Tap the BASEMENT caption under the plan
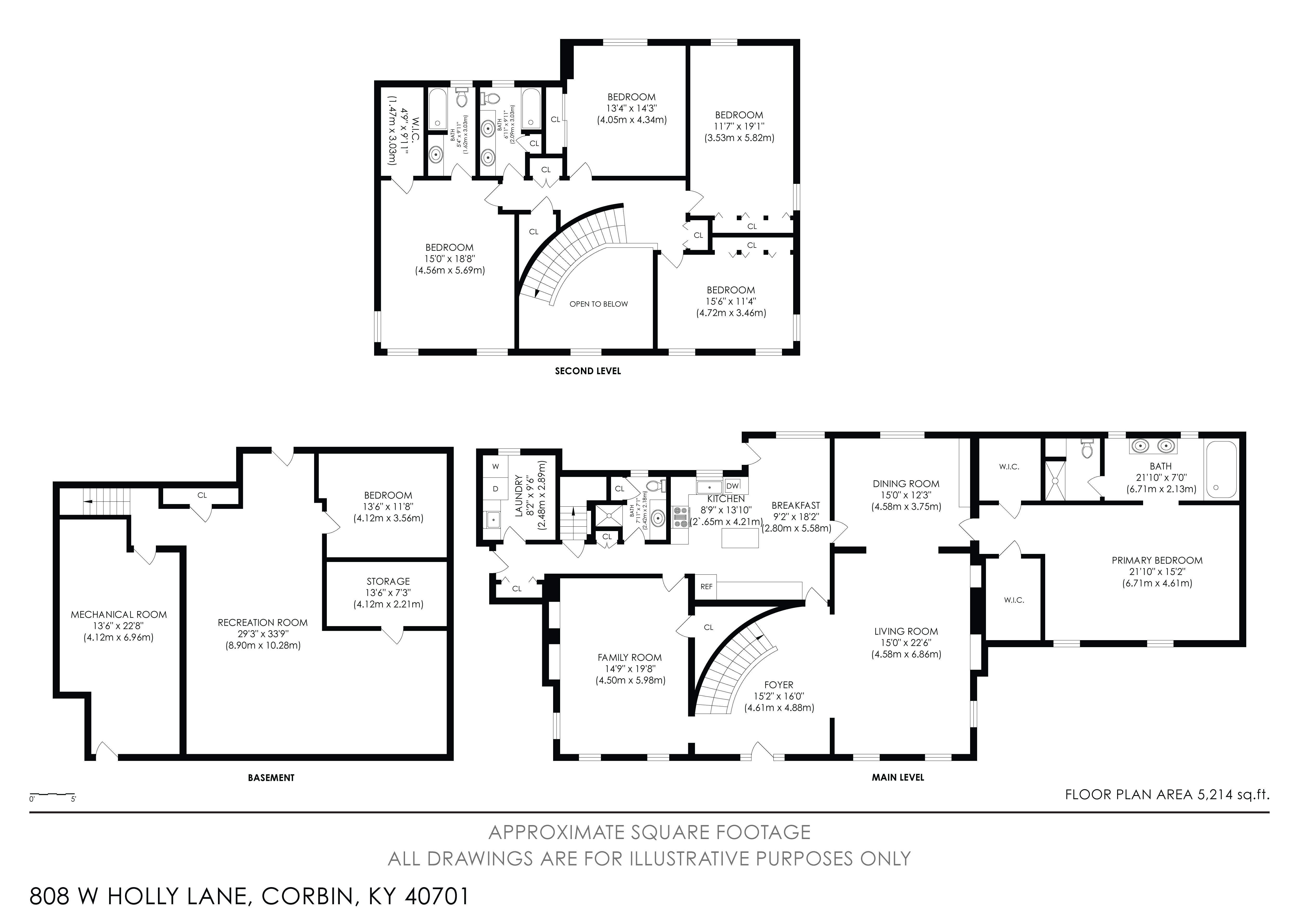point(271,778)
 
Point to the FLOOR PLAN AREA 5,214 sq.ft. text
point(1167,795)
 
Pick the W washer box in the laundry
point(496,467)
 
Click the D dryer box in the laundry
point(496,489)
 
